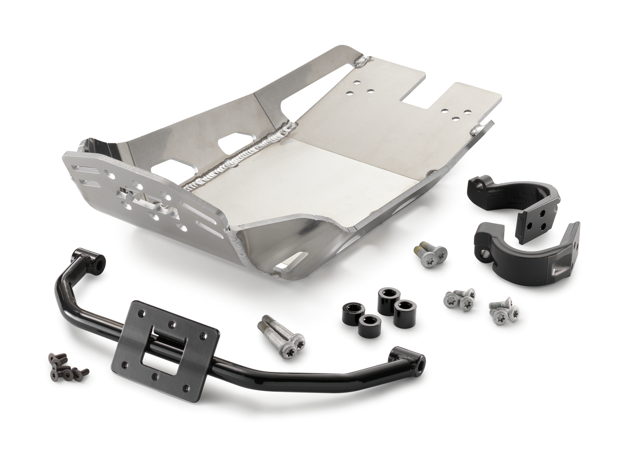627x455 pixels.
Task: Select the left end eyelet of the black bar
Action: point(95,261)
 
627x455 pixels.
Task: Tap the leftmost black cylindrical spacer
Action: point(354,312)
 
